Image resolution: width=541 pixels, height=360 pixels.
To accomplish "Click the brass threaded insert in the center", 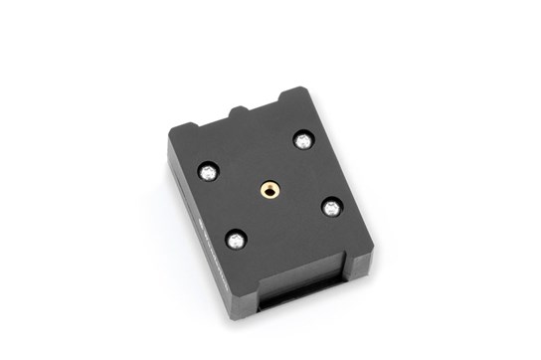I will pos(269,187).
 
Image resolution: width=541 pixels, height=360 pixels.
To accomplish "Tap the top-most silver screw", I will pos(301,140).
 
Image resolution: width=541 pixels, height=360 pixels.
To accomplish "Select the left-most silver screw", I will pos(208,171).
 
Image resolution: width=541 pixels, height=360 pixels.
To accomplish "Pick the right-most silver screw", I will pos(331,207).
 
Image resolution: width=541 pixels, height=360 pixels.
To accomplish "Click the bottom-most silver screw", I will pos(236,239).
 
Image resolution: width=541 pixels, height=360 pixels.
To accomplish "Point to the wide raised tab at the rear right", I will pos(294,97).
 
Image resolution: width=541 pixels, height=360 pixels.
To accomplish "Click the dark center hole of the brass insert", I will pos(269,187).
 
